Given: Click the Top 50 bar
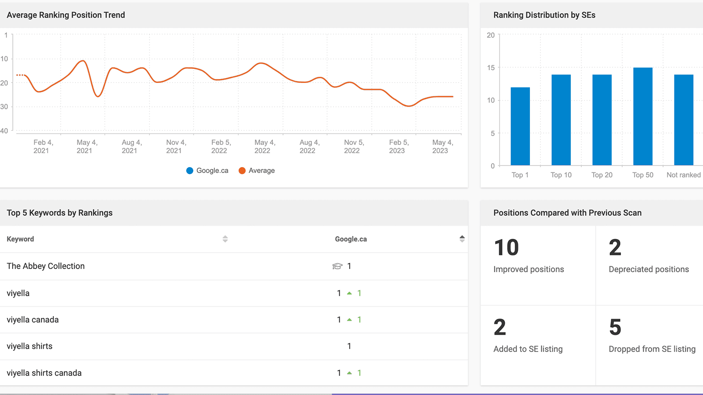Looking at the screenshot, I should point(643,117).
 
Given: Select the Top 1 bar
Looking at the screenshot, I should point(520,126).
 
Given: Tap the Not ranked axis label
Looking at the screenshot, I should point(683,175).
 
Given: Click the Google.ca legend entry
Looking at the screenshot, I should point(207,170).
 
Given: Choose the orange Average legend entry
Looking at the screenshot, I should point(257,170).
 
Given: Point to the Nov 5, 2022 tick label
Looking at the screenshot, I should point(354,147).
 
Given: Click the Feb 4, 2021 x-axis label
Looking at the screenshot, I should point(43,147).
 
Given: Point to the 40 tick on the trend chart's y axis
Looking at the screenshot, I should point(4,131).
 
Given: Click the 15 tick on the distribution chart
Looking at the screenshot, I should point(491,68).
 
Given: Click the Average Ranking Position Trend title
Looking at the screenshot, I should point(66,15).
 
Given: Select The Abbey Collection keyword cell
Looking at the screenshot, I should point(46,266).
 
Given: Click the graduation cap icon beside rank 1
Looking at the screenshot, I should point(337,266).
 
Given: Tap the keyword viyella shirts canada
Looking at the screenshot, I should point(44,373).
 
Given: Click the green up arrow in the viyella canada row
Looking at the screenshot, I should point(349,320).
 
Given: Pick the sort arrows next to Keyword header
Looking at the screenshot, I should point(225,239).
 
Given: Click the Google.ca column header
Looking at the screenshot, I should point(351,239).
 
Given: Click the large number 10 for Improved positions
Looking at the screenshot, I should point(506,248).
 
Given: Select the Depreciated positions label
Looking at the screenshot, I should point(649,269).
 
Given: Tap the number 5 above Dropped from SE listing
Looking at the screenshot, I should point(615,327).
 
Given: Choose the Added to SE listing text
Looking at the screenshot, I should point(528,349).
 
